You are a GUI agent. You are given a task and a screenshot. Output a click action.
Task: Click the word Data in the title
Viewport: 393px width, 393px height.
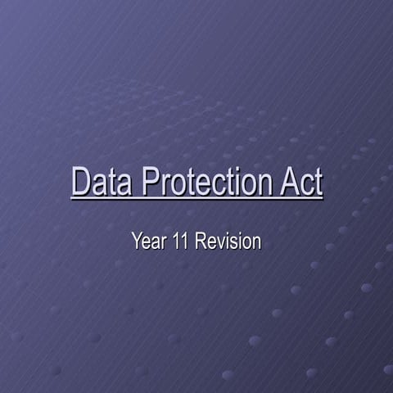[x=103, y=182]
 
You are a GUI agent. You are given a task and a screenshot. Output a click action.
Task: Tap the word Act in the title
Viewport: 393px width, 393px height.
[x=301, y=182]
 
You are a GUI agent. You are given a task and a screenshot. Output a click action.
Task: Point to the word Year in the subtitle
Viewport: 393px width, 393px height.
[x=147, y=242]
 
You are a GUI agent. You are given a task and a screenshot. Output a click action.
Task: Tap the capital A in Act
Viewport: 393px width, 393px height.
[x=287, y=182]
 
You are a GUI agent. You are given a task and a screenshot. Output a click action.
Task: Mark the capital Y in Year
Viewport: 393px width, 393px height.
[x=137, y=242]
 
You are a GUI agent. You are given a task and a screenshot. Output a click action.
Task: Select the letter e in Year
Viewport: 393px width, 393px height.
[x=145, y=242]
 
